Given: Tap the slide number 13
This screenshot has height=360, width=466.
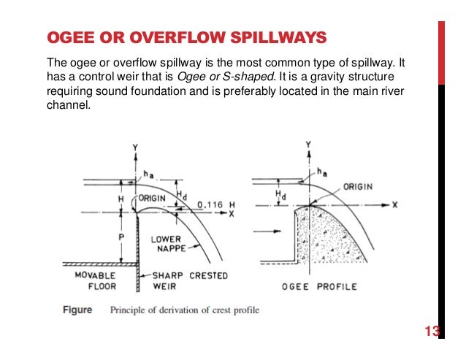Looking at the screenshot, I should click(x=432, y=332).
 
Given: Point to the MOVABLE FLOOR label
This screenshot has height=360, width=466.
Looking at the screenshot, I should click(x=93, y=281).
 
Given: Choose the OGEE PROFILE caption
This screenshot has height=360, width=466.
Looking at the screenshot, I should click(x=320, y=286).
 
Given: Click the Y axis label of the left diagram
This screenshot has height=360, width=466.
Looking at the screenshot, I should click(x=136, y=148).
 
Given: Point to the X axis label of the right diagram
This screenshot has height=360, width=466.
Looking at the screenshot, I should click(x=394, y=205).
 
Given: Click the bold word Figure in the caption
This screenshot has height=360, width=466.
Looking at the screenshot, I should click(x=77, y=310).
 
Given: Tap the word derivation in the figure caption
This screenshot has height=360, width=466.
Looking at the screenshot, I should click(x=176, y=310).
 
